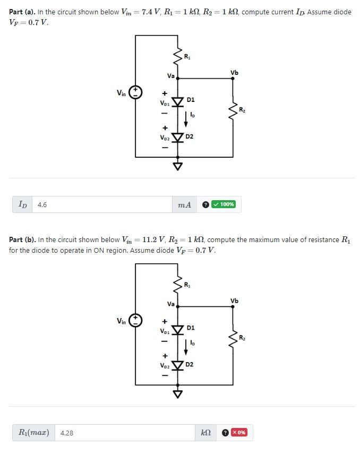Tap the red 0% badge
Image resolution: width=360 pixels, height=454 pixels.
click(x=238, y=432)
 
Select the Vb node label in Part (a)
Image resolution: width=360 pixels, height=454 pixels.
click(x=234, y=72)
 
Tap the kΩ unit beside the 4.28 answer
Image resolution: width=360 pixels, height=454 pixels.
click(x=206, y=433)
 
